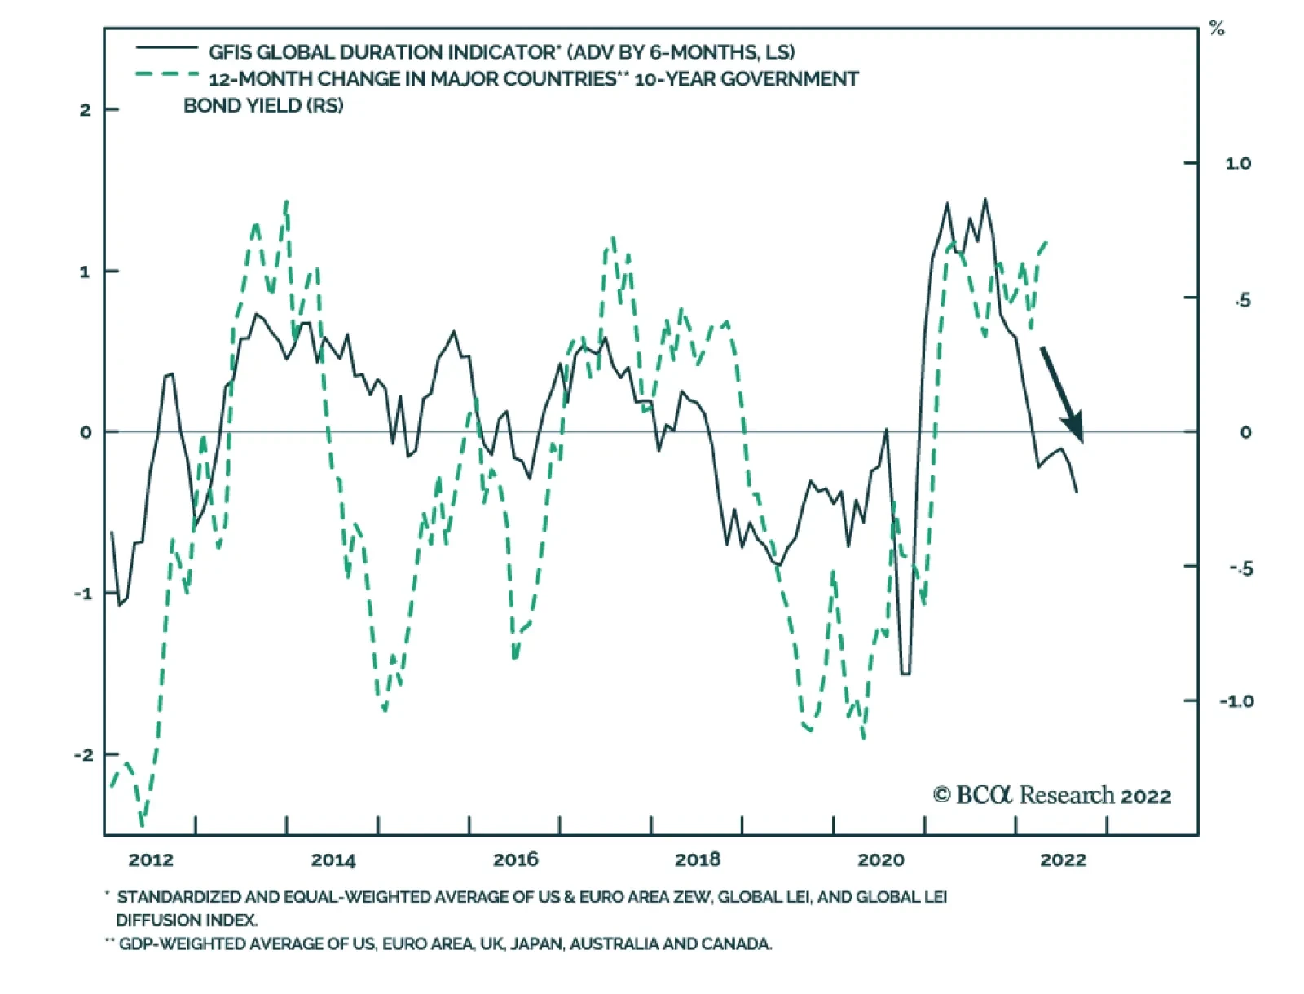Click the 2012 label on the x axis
pos(151,859)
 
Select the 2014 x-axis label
pos(333,859)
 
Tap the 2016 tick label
pos(516,859)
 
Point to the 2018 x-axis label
pos(698,859)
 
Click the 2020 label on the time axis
pos(881,859)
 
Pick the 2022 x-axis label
pos(1064,859)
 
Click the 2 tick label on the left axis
pos(86,110)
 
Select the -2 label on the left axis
pos(83,755)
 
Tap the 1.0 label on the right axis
pos(1238,164)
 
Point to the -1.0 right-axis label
pos(1236,701)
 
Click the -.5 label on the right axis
pos(1240,568)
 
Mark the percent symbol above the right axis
pos(1217,29)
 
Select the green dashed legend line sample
pos(167,75)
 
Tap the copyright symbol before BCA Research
pos(941,795)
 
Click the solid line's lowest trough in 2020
pos(905,674)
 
